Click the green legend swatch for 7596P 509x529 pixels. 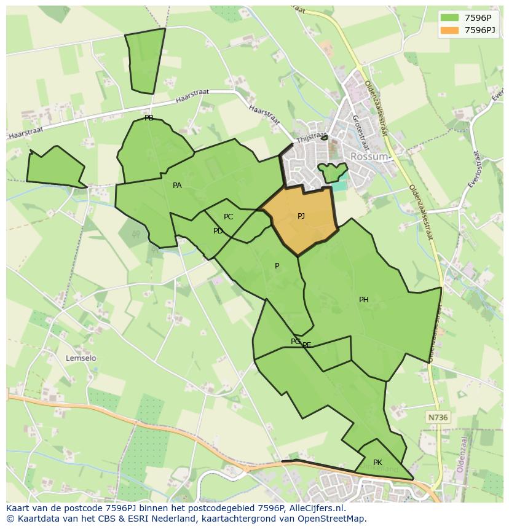coord(449,17)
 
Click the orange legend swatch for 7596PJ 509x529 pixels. coord(449,30)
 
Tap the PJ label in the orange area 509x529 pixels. coord(301,216)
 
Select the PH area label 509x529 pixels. coord(364,300)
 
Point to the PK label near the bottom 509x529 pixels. coord(377,463)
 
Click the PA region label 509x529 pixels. coord(177,186)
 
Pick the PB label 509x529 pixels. coord(149,118)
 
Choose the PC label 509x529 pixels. coord(229,217)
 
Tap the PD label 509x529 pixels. coord(218,231)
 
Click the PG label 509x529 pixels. coord(296,342)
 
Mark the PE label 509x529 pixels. coord(307,345)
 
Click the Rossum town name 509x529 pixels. coord(369,157)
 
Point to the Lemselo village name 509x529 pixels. coord(81,358)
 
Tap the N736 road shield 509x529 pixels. coord(438,418)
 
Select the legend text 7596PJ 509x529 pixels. coord(481,30)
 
